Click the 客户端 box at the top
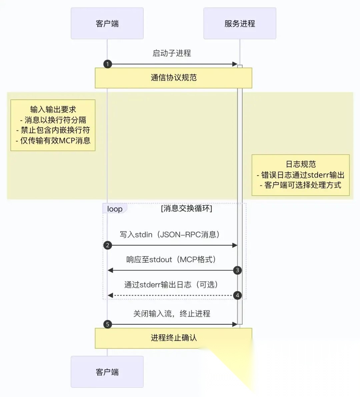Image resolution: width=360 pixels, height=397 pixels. click(x=107, y=24)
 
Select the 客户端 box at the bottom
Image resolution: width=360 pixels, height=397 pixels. click(x=107, y=372)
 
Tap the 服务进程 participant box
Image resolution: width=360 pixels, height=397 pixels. click(x=240, y=24)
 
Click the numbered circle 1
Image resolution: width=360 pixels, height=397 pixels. click(x=107, y=64)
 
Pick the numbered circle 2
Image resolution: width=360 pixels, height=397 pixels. click(x=107, y=245)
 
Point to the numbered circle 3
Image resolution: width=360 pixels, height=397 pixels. click(x=237, y=270)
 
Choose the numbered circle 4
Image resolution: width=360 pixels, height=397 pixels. click(x=237, y=295)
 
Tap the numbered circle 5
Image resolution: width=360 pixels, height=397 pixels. click(x=107, y=324)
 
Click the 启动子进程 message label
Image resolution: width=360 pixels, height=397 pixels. click(x=172, y=53)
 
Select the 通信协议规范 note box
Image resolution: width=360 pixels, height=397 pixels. click(x=173, y=78)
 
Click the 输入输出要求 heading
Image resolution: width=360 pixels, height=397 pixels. click(x=53, y=109)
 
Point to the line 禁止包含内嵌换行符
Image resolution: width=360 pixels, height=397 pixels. click(x=53, y=130)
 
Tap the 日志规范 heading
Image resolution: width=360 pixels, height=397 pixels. click(x=301, y=164)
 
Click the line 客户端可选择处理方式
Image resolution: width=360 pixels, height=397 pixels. click(x=301, y=185)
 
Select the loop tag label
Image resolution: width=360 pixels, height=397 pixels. click(x=115, y=209)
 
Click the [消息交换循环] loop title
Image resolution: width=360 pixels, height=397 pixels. click(x=186, y=208)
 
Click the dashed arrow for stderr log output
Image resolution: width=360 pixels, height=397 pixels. click(x=172, y=295)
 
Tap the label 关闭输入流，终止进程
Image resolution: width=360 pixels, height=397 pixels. click(x=172, y=314)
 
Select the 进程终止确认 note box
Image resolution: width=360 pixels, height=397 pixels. click(x=173, y=338)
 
